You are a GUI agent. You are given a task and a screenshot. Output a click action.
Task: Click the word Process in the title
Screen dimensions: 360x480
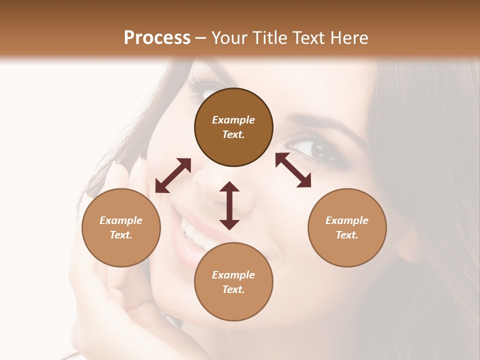157,38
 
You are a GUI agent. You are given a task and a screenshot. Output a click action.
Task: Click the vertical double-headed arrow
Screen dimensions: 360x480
229,205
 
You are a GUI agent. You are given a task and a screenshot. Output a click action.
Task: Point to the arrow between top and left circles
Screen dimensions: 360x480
173,175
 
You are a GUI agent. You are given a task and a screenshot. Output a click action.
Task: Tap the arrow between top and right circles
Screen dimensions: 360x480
293,170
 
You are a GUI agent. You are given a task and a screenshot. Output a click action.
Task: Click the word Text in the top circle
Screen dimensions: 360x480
233,134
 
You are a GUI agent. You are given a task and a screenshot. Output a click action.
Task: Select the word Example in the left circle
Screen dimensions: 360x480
121,220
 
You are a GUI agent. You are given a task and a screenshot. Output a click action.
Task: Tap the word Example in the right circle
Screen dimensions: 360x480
347,220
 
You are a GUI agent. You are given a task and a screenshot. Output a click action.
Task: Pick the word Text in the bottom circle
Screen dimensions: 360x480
233,289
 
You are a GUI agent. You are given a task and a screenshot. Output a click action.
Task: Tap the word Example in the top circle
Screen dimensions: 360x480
233,120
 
